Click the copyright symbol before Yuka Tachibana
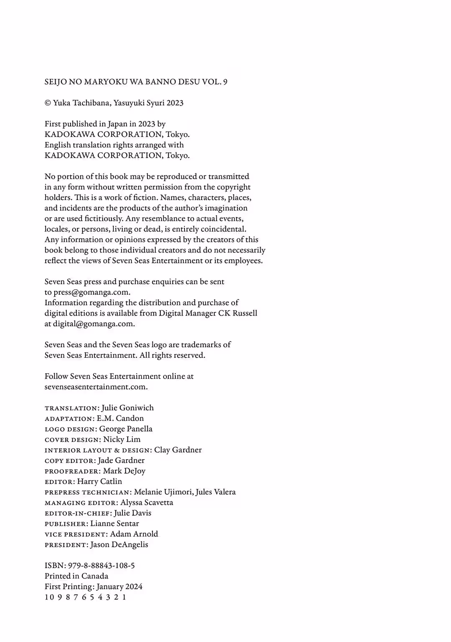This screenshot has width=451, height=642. tap(48, 103)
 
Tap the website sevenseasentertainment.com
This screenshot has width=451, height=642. tap(96, 387)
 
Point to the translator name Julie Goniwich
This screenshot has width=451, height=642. tap(127, 408)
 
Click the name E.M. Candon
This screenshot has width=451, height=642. tap(120, 418)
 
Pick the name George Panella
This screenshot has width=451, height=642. tap(126, 429)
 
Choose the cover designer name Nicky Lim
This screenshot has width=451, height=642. tap(122, 439)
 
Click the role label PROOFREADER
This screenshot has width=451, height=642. tap(72, 471)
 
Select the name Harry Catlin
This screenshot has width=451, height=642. tap(100, 481)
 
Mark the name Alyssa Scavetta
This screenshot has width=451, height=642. tap(147, 503)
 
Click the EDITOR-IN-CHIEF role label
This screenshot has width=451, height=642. tap(78, 513)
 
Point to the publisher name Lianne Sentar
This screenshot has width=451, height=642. tap(114, 523)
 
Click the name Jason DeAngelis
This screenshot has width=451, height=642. tap(119, 544)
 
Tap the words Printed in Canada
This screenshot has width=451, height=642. tap(76, 576)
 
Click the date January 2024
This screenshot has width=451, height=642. tap(119, 586)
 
